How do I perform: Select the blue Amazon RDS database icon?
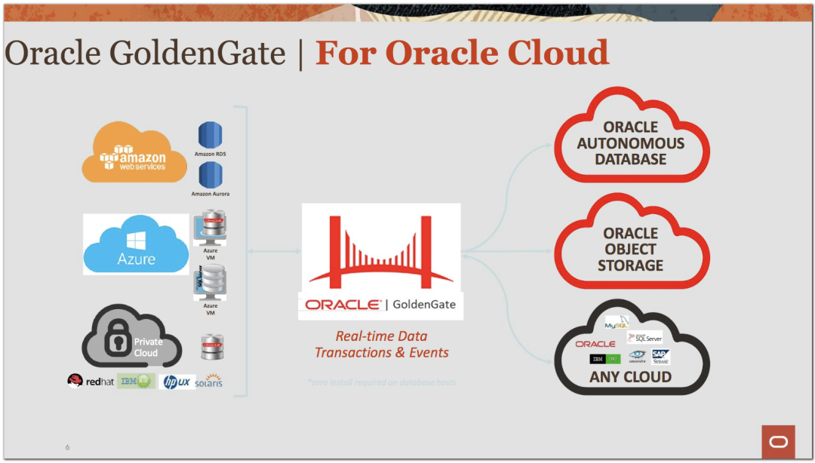(210, 136)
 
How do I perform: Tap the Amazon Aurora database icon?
(210, 175)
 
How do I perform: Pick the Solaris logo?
(208, 381)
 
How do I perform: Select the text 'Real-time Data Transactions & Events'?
(381, 345)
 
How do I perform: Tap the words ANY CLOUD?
(631, 376)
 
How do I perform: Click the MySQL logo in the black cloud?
(617, 324)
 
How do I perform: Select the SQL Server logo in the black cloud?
(645, 338)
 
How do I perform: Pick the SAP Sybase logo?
(661, 357)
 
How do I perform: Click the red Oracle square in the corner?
(778, 441)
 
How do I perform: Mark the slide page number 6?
(67, 447)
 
